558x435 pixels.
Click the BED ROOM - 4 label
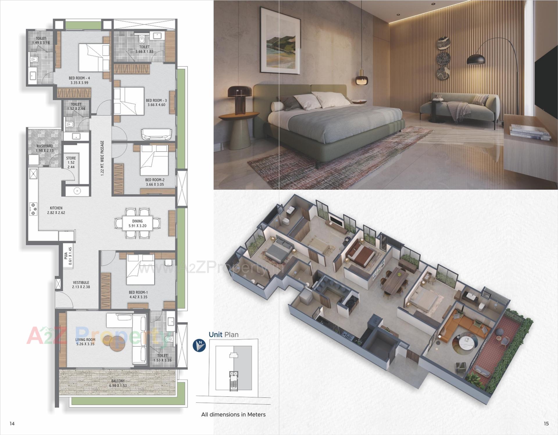click(x=79, y=80)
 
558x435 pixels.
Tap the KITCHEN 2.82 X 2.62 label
click(x=56, y=210)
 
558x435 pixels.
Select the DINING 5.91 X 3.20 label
click(x=137, y=223)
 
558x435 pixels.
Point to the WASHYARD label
click(x=44, y=148)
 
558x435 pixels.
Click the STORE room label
click(x=71, y=162)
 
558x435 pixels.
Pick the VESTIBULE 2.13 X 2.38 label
click(x=81, y=284)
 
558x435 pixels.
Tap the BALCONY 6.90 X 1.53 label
click(x=118, y=383)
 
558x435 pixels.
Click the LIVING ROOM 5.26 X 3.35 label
click(x=85, y=342)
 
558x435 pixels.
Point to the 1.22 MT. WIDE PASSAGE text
click(x=102, y=158)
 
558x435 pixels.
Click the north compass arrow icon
click(x=199, y=346)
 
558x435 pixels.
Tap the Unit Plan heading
click(x=223, y=334)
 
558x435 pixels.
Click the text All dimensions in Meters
click(x=233, y=415)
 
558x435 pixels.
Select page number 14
click(x=12, y=424)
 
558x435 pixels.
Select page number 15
click(x=546, y=424)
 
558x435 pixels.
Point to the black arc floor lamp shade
click(x=476, y=59)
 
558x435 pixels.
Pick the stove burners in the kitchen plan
click(x=33, y=209)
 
